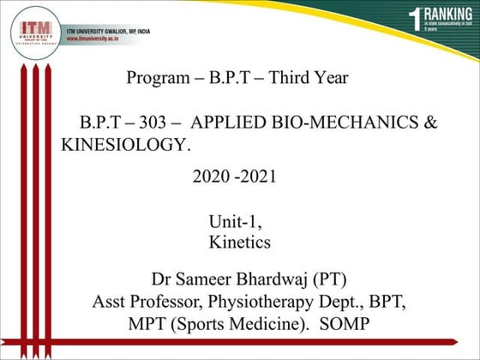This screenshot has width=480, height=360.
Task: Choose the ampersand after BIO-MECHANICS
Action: pyautogui.click(x=431, y=123)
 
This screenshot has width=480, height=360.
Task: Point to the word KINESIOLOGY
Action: pyautogui.click(x=126, y=145)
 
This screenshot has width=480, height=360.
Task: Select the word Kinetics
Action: pyautogui.click(x=240, y=243)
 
